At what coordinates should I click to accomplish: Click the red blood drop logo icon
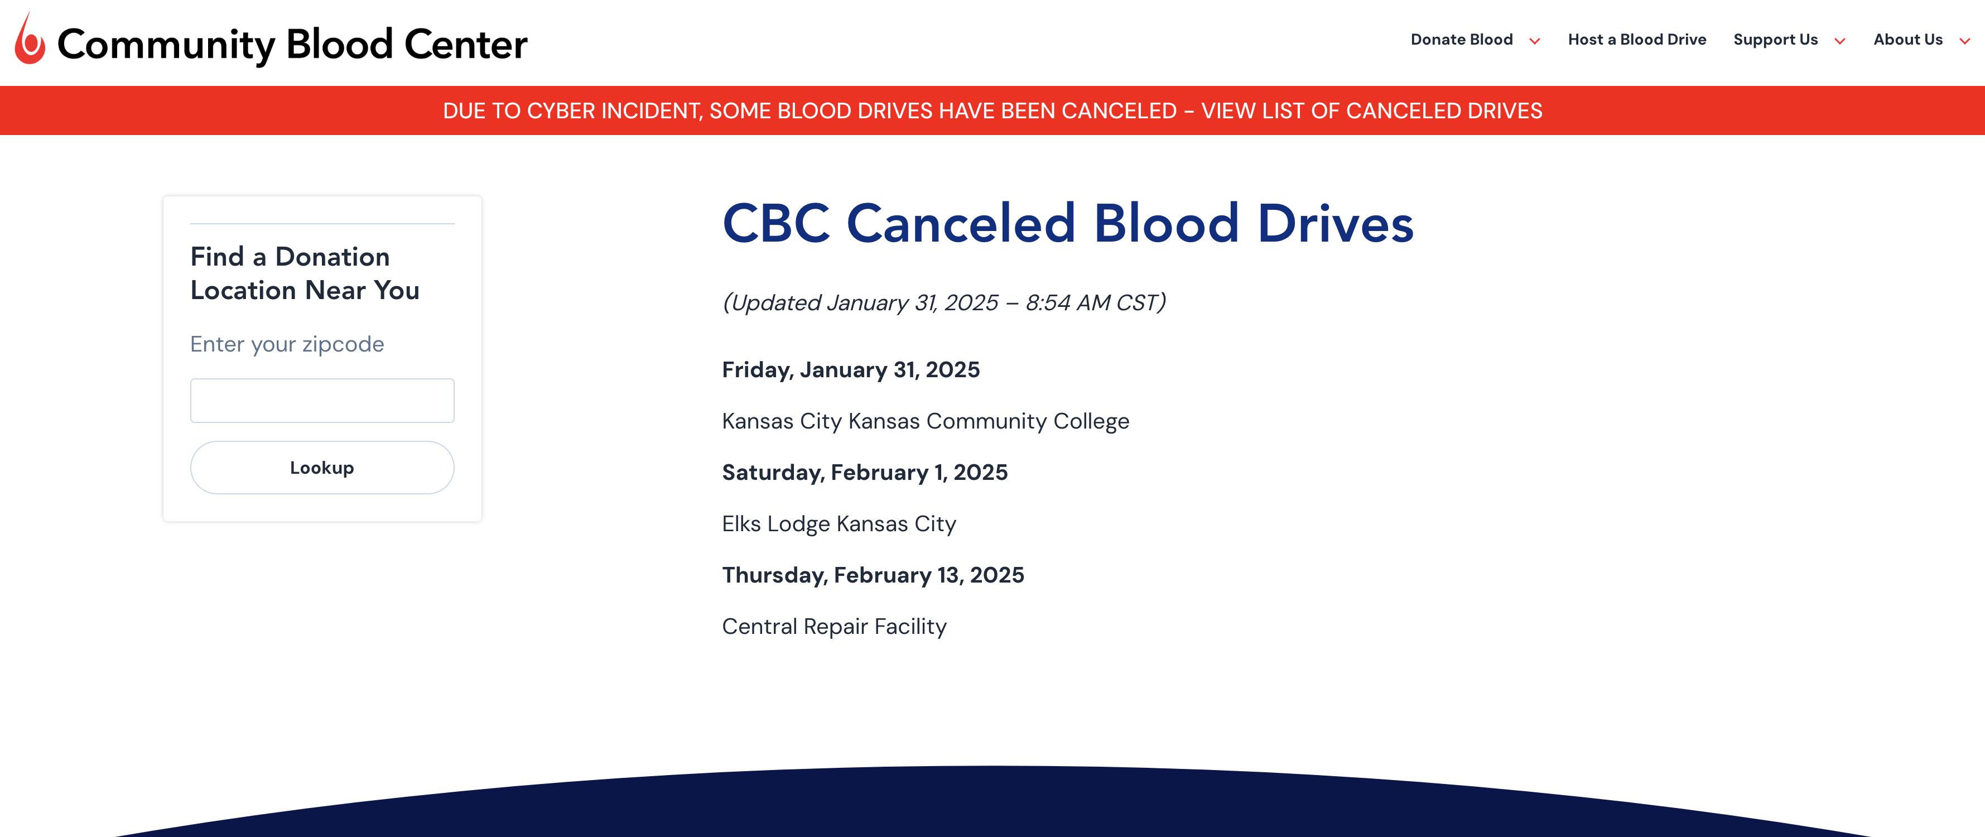point(29,40)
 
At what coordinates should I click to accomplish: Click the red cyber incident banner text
point(992,111)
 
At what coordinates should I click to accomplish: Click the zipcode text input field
point(322,400)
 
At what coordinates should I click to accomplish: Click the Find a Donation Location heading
point(305,273)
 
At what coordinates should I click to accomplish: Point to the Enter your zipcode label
point(287,344)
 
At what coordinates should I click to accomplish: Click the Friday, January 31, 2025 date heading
point(850,370)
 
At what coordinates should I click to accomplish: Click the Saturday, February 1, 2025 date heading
point(864,473)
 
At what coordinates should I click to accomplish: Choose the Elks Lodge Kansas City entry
point(839,524)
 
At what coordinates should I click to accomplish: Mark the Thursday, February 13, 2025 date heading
point(873,575)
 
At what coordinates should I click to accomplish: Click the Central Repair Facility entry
point(833,627)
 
